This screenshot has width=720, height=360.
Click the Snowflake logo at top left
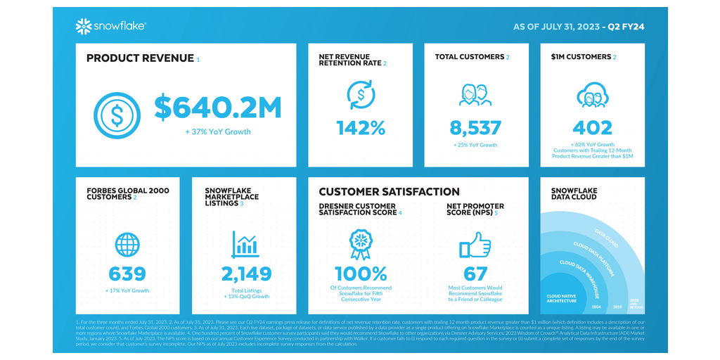click(x=110, y=27)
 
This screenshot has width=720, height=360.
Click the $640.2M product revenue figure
click(x=218, y=108)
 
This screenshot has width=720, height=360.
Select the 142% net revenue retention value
click(x=361, y=128)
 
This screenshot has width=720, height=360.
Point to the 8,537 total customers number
click(x=475, y=128)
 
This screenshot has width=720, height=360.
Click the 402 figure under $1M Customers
click(x=592, y=128)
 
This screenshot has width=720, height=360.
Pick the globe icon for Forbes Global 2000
click(x=127, y=245)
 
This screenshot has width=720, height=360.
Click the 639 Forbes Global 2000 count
click(x=127, y=274)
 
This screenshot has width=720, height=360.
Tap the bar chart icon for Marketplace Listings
click(x=245, y=244)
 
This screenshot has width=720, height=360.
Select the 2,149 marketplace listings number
click(x=245, y=274)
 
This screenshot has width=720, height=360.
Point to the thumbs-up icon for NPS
click(x=475, y=246)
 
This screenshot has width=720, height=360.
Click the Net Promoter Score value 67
click(x=475, y=274)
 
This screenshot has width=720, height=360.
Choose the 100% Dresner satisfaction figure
click(x=361, y=274)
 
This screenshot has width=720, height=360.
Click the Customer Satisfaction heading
click(x=389, y=192)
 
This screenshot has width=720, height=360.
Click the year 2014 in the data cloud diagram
click(x=596, y=307)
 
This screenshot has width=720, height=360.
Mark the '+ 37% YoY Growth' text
click(x=218, y=131)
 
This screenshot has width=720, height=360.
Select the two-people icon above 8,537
click(x=475, y=95)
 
